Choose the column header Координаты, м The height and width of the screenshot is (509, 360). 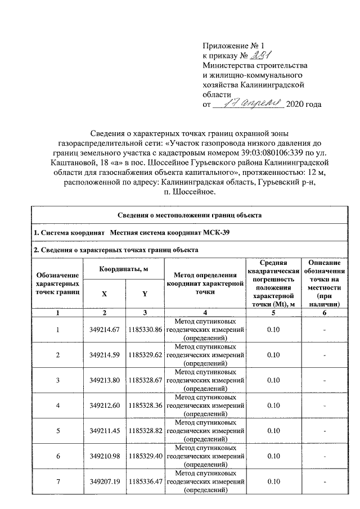tap(124, 269)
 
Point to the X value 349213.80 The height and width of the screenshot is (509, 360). tap(105, 380)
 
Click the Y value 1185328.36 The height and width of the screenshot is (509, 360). tap(145, 406)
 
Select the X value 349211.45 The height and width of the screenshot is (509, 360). tap(105, 430)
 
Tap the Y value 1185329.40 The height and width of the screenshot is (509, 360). tap(145, 456)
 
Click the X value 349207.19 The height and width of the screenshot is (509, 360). tap(105, 481)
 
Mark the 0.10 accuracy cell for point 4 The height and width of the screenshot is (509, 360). tap(273, 406)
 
